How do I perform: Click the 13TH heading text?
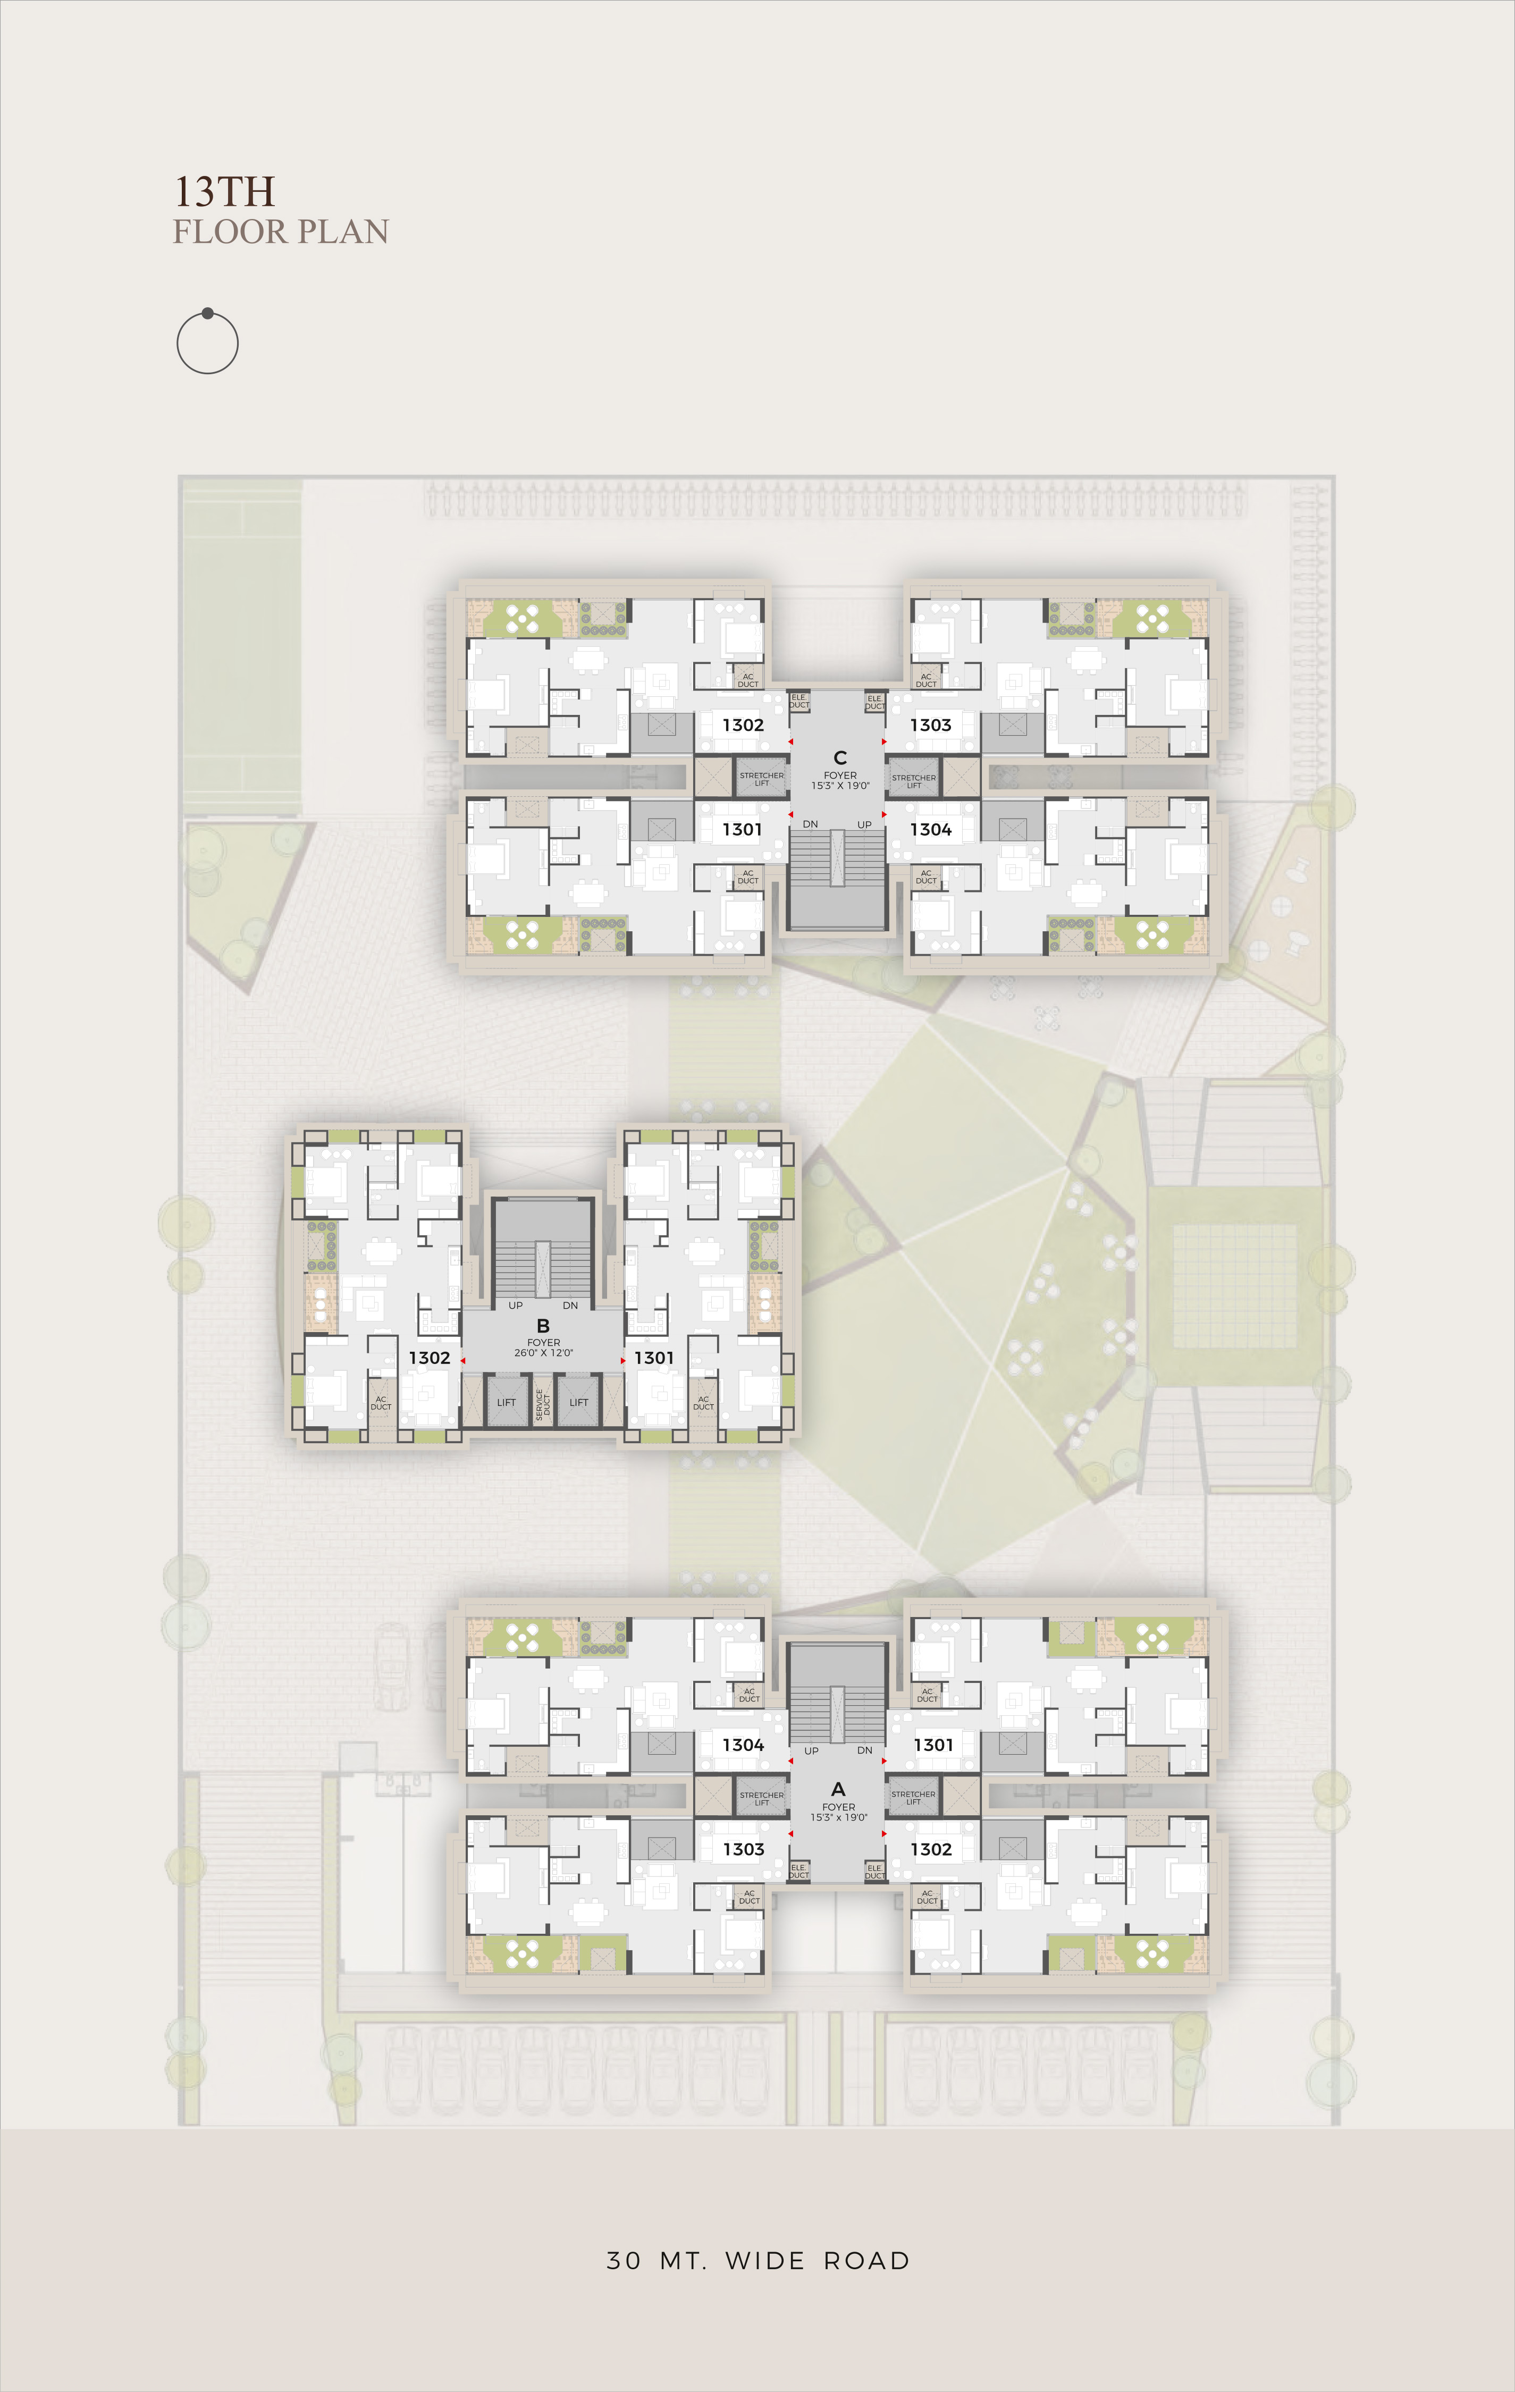tap(224, 191)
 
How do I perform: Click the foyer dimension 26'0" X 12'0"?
tap(543, 1352)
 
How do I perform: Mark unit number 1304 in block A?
tap(743, 1745)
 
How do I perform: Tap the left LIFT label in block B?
tap(507, 1403)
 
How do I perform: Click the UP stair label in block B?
tap(516, 1306)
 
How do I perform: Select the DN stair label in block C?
tap(811, 824)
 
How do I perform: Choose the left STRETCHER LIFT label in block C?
tap(762, 779)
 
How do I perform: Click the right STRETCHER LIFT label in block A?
tap(913, 1798)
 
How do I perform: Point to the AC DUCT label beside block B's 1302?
tap(381, 1403)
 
